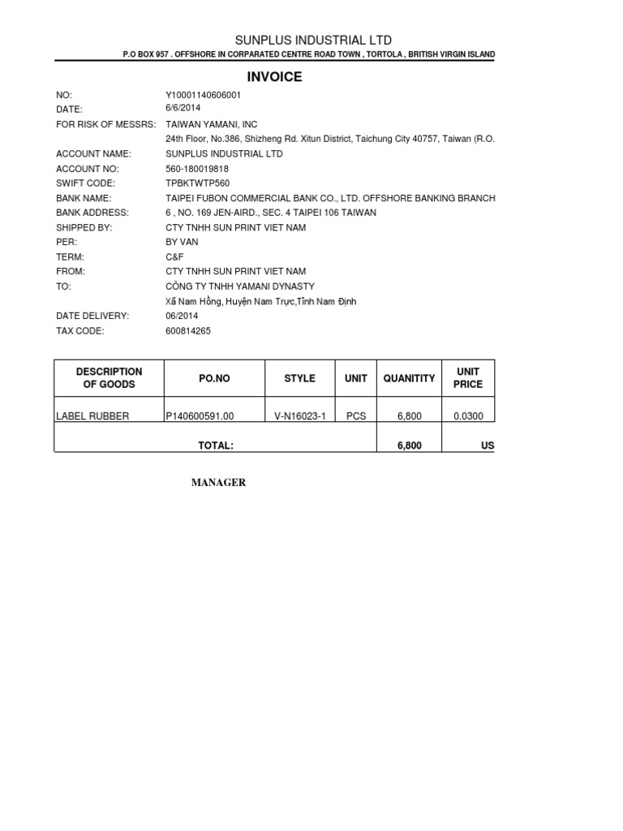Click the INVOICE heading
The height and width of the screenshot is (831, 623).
pos(274,77)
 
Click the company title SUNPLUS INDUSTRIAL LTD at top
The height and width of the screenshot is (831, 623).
pos(313,40)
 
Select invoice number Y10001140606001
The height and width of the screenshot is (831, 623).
pos(203,95)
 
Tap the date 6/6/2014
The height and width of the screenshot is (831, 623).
pos(183,108)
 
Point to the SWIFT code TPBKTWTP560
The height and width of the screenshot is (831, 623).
pos(197,183)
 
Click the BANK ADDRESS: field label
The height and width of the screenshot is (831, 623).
pos(92,213)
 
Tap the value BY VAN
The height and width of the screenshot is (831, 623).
pos(182,242)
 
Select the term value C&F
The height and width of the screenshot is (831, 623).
pos(175,256)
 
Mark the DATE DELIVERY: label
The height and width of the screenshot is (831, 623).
pos(92,316)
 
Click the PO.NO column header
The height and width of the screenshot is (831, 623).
pos(214,378)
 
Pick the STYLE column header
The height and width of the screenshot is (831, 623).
pos(299,378)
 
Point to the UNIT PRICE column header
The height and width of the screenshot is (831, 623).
pos(468,378)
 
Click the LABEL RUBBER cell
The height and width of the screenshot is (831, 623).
pos(92,416)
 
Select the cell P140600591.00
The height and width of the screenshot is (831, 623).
pos(200,416)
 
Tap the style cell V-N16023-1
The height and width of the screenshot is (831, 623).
pos(299,416)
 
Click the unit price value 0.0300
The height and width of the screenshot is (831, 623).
pos(468,416)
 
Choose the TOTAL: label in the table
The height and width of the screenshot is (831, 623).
pos(216,446)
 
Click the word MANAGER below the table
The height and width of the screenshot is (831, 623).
pos(218,483)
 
